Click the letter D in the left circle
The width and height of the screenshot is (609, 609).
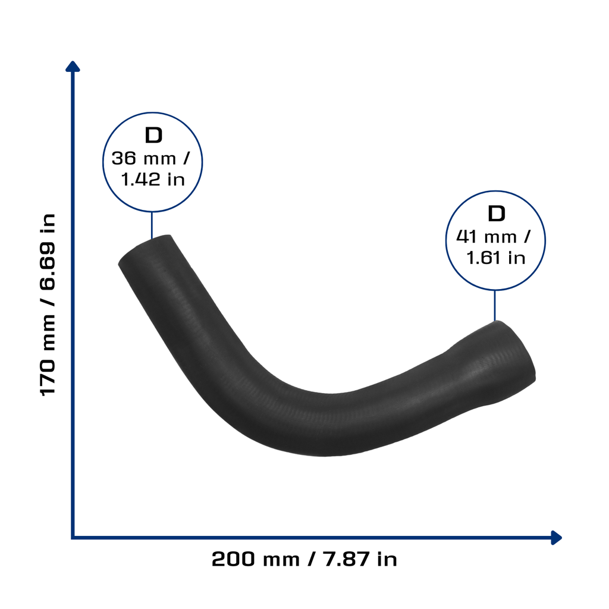point(153,135)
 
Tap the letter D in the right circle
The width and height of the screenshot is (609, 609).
point(496,214)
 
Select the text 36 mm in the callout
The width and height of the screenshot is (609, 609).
point(144,158)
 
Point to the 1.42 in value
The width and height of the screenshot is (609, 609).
point(153,179)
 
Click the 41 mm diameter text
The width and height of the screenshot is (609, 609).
point(486,237)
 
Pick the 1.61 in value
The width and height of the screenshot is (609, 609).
point(495,258)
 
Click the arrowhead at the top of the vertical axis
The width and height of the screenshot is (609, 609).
point(73,66)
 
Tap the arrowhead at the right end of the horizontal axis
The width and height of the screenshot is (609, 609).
point(557,538)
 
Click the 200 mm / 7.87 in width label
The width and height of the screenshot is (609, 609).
point(304,559)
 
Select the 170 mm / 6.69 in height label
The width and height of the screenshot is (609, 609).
point(48,305)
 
